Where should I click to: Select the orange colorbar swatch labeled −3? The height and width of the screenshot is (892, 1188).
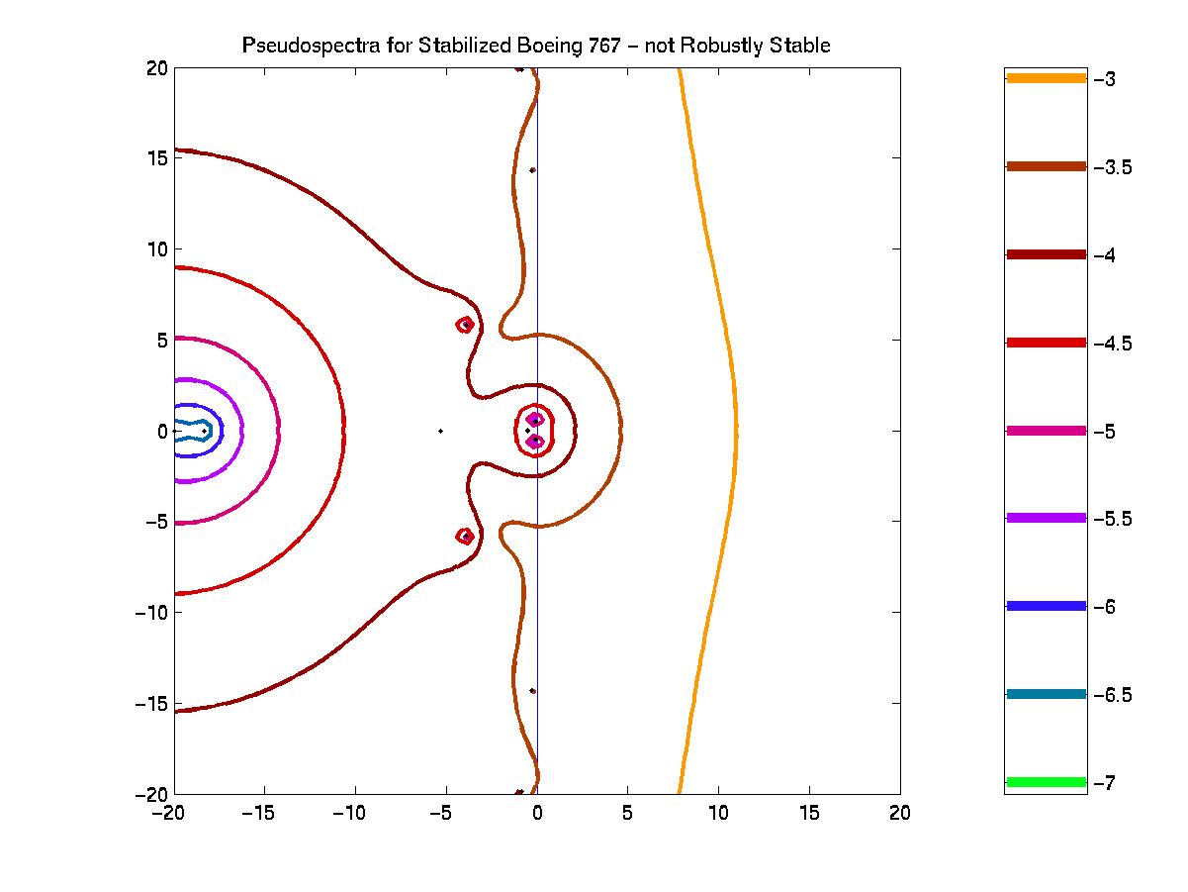point(1046,78)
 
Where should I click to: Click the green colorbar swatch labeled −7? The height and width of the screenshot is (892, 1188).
point(1046,782)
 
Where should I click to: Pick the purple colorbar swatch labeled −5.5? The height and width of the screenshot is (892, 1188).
point(1046,518)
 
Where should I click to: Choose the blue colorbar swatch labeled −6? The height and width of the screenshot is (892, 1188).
point(1046,606)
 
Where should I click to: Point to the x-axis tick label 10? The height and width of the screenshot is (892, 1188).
point(718,813)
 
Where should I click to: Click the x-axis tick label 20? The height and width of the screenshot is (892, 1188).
point(899,813)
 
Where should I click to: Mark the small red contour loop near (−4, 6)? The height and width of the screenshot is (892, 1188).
point(465,324)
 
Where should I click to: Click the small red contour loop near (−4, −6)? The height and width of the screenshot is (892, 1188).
point(465,536)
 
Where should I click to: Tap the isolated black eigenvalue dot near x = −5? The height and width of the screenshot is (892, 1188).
point(440,431)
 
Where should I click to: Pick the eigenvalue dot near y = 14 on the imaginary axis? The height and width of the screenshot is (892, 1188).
point(532,170)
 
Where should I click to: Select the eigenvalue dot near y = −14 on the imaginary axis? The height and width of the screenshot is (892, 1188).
point(532,691)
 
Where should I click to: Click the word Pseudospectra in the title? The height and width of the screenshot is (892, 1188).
point(293,46)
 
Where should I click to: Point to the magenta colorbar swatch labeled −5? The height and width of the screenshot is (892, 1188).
point(1046,431)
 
